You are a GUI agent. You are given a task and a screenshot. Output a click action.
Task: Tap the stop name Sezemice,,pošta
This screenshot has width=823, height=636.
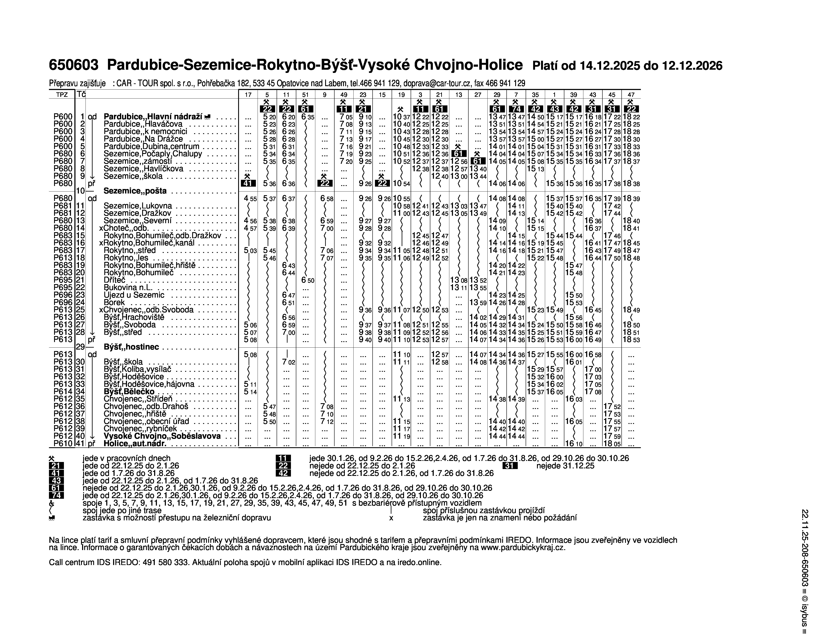[x=135, y=191]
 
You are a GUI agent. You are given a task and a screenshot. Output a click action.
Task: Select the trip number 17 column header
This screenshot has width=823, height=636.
[x=248, y=95]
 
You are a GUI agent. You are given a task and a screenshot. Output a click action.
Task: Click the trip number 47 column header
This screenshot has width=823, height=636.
[x=631, y=95]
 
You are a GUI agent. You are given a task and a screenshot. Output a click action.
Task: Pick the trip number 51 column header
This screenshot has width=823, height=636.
[x=305, y=95]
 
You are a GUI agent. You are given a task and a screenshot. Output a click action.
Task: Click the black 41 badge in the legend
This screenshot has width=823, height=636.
[x=56, y=474]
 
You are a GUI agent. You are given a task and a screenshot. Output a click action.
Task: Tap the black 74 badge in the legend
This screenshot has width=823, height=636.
[x=56, y=496]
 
